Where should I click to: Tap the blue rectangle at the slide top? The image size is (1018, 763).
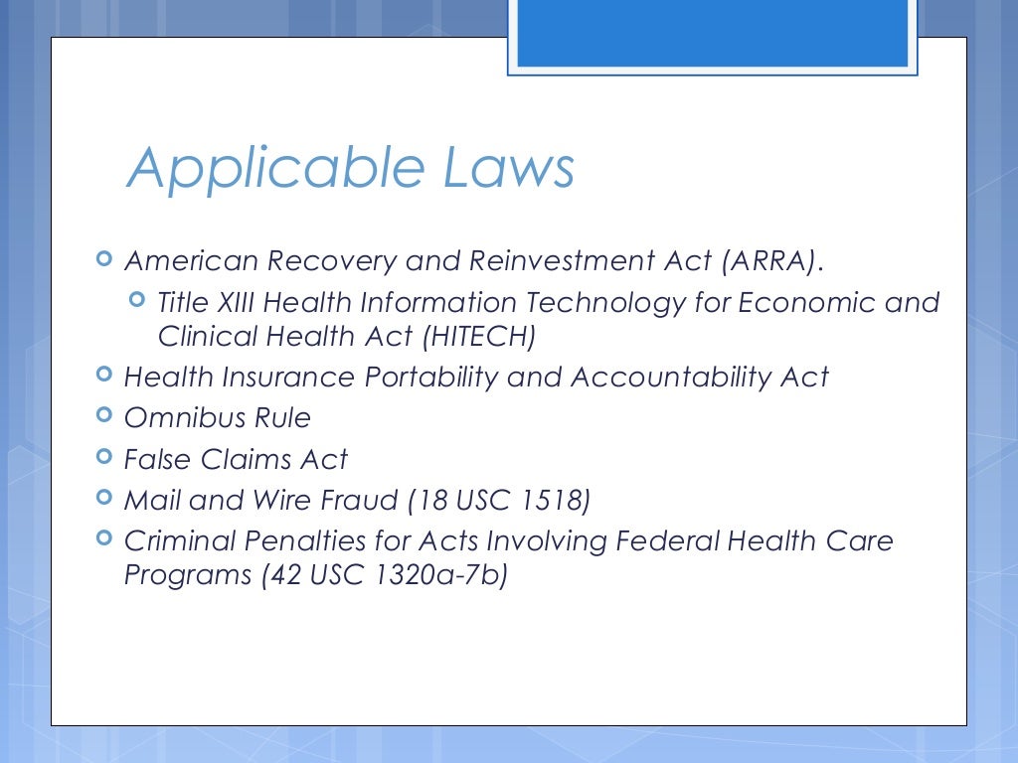click(x=713, y=33)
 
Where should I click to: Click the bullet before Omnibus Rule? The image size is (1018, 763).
click(x=104, y=416)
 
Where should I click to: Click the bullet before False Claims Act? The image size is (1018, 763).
click(x=104, y=457)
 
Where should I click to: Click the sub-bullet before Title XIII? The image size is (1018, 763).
click(x=138, y=300)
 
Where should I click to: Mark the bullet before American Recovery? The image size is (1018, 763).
click(x=104, y=259)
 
